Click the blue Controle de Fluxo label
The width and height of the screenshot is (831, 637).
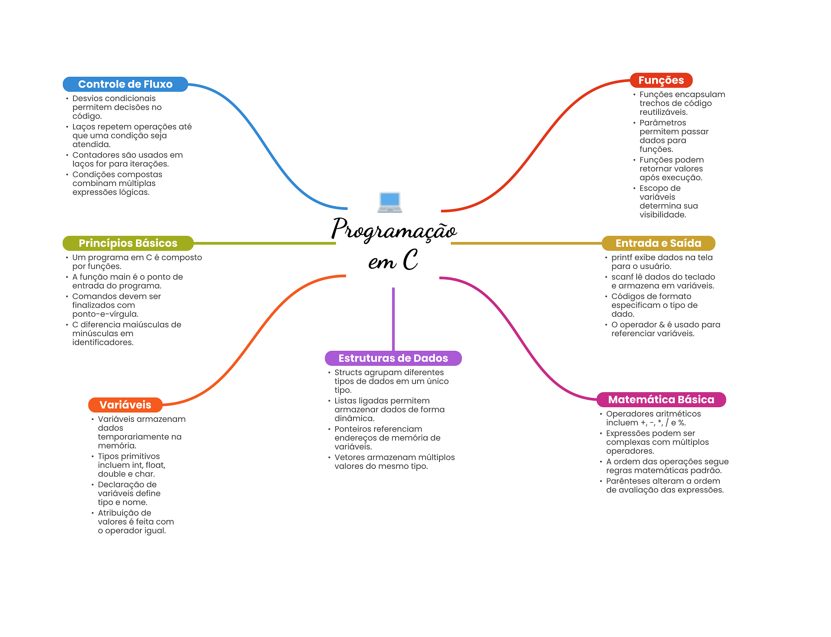click(125, 84)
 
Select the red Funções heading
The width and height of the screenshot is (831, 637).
click(661, 80)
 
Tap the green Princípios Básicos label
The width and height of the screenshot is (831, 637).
click(128, 243)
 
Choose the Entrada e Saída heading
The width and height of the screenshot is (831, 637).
click(658, 243)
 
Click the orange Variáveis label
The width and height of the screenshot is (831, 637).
click(125, 405)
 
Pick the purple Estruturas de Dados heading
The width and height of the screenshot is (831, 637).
click(393, 358)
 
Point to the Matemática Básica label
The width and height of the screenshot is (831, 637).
click(661, 399)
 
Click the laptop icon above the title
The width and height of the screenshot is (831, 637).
click(390, 202)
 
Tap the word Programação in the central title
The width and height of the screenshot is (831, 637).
click(394, 230)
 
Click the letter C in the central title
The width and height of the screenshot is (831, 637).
click(411, 260)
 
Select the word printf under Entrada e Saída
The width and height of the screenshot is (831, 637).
click(621, 257)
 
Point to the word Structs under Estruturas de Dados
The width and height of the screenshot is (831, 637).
click(348, 372)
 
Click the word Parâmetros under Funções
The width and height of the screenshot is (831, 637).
click(662, 123)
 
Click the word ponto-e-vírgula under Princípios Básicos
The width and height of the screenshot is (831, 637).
click(105, 314)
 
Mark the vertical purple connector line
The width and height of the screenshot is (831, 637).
click(393, 319)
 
